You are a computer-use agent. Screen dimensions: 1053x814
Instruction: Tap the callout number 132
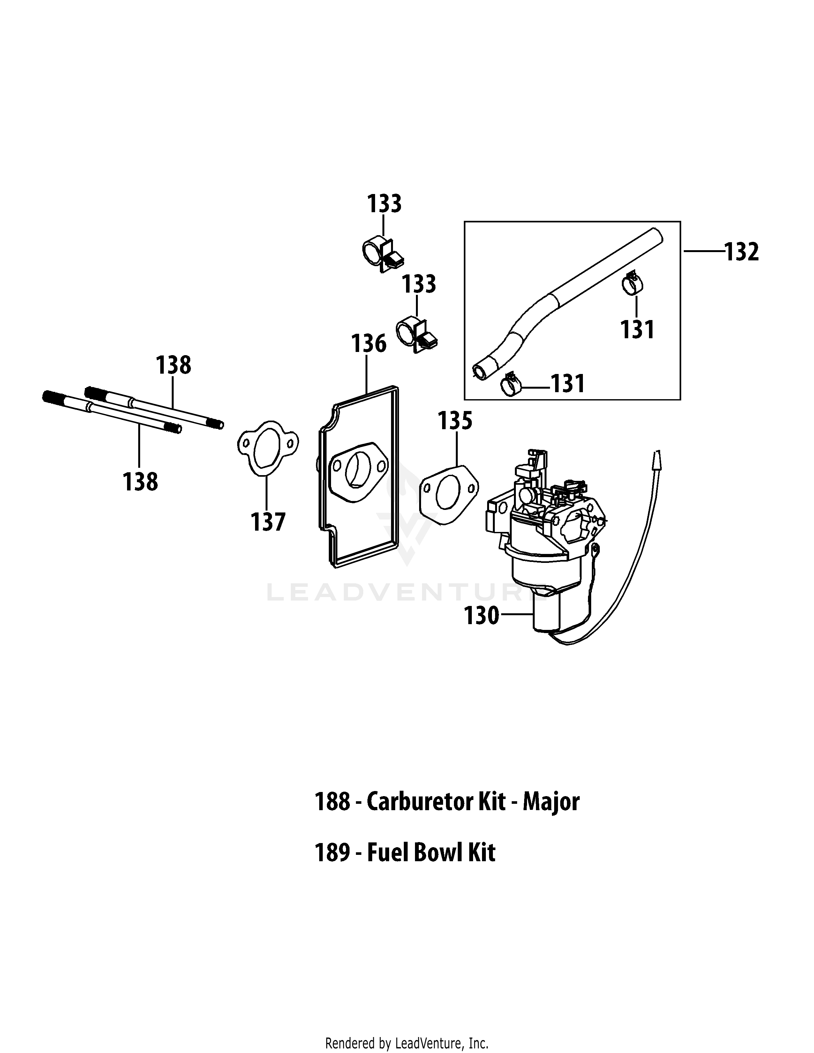pyautogui.click(x=742, y=252)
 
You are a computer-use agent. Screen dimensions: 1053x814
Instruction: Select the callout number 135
pyautogui.click(x=455, y=421)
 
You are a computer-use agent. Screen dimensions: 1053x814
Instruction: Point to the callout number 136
pyautogui.click(x=368, y=344)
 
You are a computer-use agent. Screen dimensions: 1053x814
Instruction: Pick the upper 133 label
pyautogui.click(x=384, y=204)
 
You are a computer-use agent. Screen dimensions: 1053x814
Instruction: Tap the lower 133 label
pyautogui.click(x=418, y=284)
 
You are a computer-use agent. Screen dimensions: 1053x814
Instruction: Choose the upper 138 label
pyautogui.click(x=173, y=365)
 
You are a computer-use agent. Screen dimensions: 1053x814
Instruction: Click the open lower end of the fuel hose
pyautogui.click(x=480, y=371)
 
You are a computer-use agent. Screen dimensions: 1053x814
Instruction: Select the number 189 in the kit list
pyautogui.click(x=332, y=853)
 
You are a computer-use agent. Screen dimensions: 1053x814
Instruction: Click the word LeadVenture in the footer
pyautogui.click(x=421, y=1040)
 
